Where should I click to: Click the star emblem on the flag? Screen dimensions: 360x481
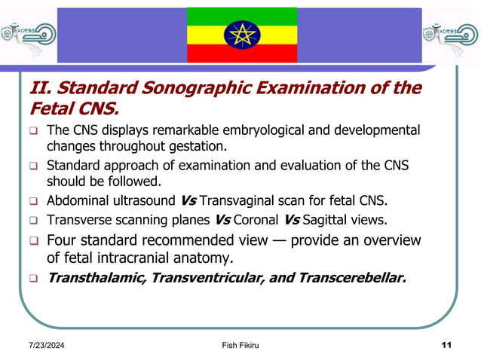point(242,35)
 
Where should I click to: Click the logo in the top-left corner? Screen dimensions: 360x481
point(28,34)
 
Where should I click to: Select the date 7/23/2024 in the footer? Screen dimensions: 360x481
point(43,345)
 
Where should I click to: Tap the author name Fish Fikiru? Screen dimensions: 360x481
point(240,345)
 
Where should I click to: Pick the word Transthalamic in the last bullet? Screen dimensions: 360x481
point(97,278)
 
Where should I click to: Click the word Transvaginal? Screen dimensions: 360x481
point(241,201)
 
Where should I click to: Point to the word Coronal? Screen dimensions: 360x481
point(258,221)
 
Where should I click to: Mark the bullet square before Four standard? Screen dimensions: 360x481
point(33,242)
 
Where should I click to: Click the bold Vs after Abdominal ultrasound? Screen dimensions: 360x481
point(190,201)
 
